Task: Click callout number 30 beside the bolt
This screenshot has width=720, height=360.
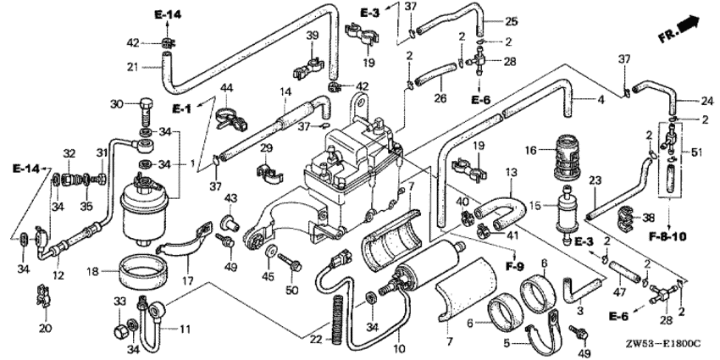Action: pyautogui.click(x=118, y=104)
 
